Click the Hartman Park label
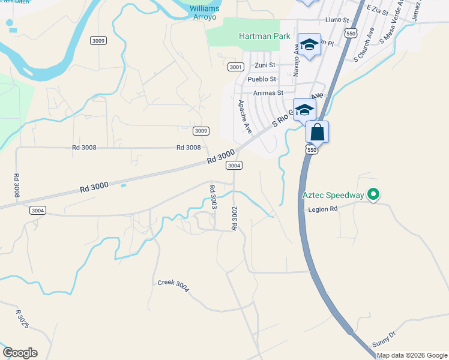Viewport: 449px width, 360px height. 265,36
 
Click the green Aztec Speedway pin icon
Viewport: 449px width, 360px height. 373,195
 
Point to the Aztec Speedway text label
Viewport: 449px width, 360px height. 333,196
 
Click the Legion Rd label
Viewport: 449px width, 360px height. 324,209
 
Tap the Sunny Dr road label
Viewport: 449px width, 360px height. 384,337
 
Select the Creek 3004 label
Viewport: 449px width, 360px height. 173,286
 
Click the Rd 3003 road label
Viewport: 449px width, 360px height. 212,197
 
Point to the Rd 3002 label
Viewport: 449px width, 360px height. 235,218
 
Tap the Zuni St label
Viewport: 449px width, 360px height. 265,65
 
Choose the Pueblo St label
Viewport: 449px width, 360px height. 262,79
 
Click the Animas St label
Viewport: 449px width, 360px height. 268,93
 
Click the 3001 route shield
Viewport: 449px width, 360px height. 236,67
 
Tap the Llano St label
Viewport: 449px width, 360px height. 337,20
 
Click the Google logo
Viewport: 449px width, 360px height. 20,353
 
